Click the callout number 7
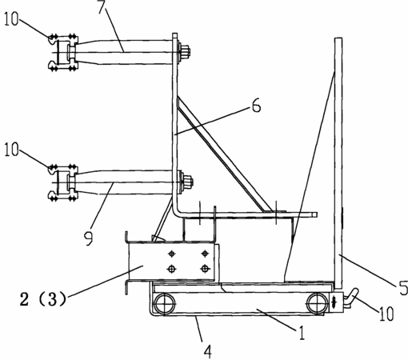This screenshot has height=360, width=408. click(102, 7)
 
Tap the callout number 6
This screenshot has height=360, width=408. click(256, 106)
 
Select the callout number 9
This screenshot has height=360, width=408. click(88, 238)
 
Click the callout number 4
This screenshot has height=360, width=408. click(208, 352)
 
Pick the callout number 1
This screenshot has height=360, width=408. click(302, 333)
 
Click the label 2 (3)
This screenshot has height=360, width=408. click(42, 298)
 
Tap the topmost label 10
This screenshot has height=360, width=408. click(11, 19)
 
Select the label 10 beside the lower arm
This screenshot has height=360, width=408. click(11, 150)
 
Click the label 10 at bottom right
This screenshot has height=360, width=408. click(386, 313)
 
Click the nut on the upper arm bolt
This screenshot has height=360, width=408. click(185, 51)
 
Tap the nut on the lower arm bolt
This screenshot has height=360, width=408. click(187, 182)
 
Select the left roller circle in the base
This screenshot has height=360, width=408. click(165, 304)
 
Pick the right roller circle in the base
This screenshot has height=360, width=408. click(318, 304)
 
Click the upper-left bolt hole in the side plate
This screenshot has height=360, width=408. click(172, 254)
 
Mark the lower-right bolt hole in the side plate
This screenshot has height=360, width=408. click(205, 269)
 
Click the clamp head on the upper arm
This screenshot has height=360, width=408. click(63, 52)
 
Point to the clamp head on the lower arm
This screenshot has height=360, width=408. click(63, 182)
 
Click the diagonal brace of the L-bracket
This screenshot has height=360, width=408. click(223, 154)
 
